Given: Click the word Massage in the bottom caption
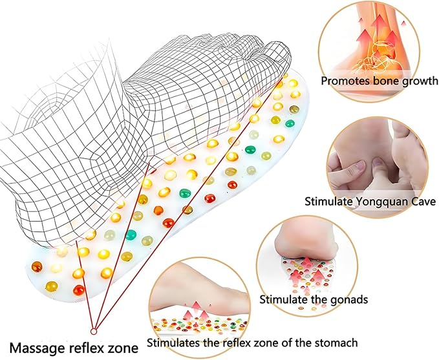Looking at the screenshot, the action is (x=37, y=348).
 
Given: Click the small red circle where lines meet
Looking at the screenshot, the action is (x=94, y=332).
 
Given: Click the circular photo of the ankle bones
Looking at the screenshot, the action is (x=369, y=51).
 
